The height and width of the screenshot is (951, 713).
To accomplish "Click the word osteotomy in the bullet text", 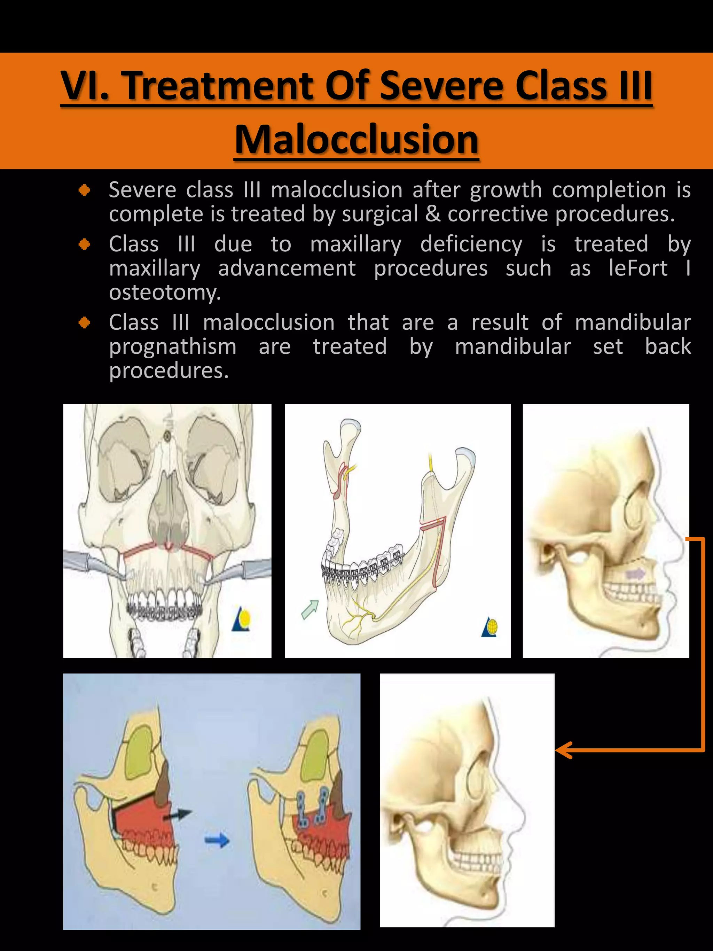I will (x=165, y=293).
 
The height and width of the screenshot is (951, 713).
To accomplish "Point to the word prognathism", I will (x=173, y=346).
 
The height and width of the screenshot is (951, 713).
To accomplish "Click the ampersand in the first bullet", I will (x=433, y=214).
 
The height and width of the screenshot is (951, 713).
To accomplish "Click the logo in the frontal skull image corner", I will (x=241, y=619).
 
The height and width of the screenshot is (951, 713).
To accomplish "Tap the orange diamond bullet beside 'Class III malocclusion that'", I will (x=85, y=322).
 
